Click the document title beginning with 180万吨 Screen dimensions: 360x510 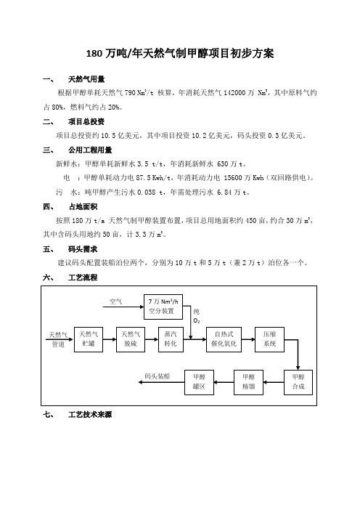click(x=180, y=53)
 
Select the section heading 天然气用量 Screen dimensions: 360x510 click(x=86, y=79)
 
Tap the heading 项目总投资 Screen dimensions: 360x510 click(x=86, y=121)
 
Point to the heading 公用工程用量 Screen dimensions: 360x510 click(x=90, y=150)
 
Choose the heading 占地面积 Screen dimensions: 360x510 click(x=83, y=206)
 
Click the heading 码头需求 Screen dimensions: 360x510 click(x=83, y=249)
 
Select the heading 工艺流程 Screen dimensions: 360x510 click(x=83, y=278)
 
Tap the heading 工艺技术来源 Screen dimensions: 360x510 click(x=90, y=414)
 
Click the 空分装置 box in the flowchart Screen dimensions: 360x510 click(x=163, y=307)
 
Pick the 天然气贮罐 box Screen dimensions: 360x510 click(x=89, y=339)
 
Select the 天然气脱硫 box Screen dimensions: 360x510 click(x=131, y=339)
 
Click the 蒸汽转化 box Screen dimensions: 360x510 click(x=171, y=339)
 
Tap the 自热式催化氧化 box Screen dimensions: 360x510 click(x=224, y=339)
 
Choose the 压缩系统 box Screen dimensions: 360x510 click(x=270, y=339)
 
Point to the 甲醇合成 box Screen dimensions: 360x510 click(x=298, y=382)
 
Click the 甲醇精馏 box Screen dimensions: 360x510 click(x=248, y=382)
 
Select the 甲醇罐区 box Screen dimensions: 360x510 click(x=199, y=382)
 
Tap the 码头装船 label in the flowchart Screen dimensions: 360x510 click(x=157, y=376)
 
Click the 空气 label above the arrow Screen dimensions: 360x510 click(x=115, y=301)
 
